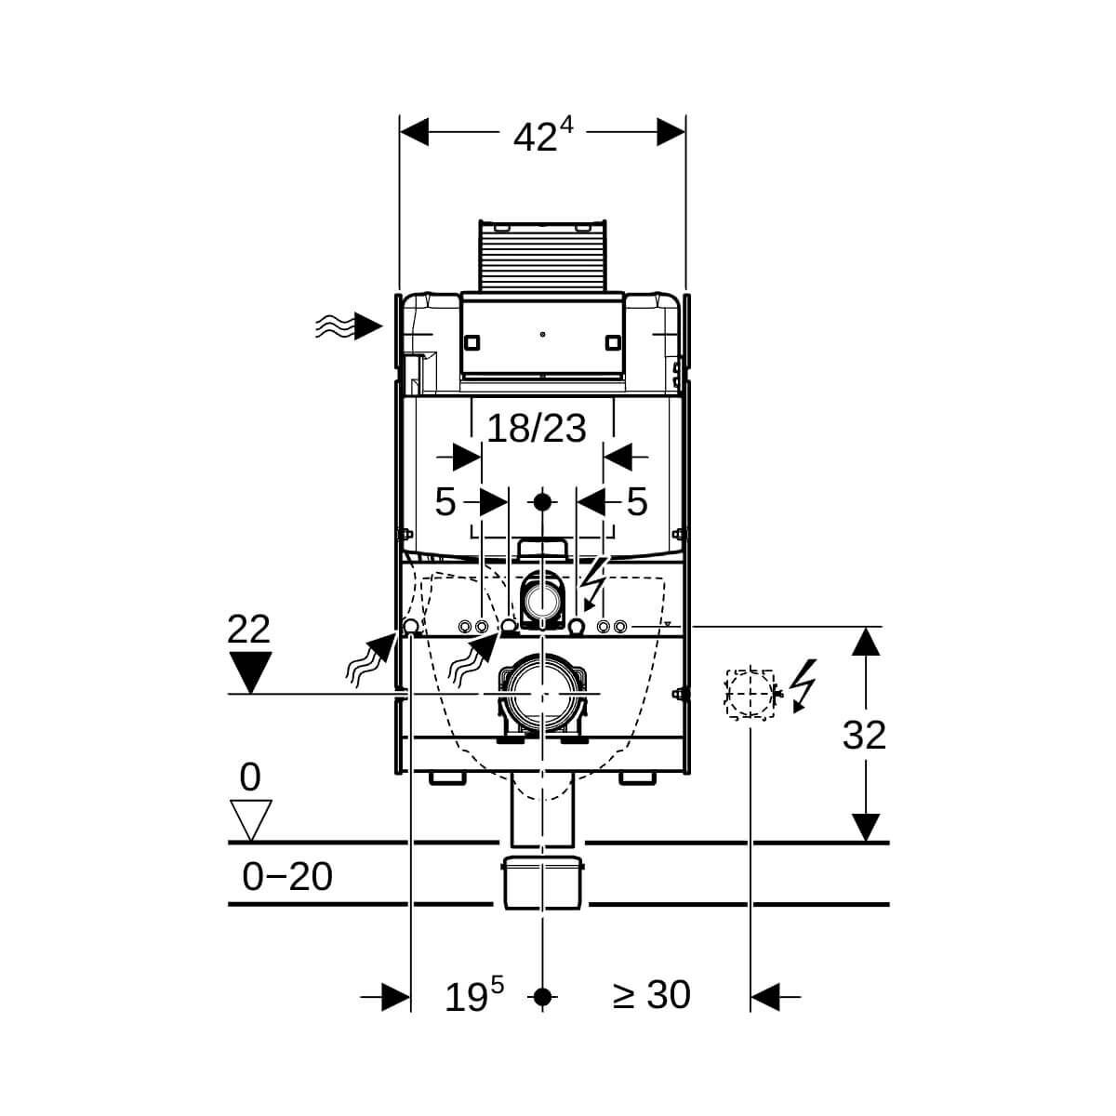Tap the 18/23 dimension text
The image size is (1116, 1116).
pyautogui.click(x=537, y=429)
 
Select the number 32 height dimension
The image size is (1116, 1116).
pyautogui.click(x=863, y=736)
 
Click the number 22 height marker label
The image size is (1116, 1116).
pyautogui.click(x=248, y=629)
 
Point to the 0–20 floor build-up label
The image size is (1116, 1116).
pyautogui.click(x=287, y=876)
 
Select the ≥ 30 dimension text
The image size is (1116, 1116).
pyautogui.click(x=652, y=995)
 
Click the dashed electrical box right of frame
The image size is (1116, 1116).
pyautogui.click(x=750, y=695)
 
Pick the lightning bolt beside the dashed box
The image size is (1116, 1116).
pyautogui.click(x=804, y=685)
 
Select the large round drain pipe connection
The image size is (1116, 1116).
pyautogui.click(x=542, y=693)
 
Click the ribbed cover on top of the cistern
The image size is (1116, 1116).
pyautogui.click(x=542, y=256)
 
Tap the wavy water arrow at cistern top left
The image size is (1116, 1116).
pyautogui.click(x=349, y=326)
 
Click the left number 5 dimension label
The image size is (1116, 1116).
pyautogui.click(x=445, y=502)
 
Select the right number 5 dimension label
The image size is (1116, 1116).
pyautogui.click(x=637, y=501)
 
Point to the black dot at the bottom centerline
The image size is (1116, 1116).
pyautogui.click(x=542, y=997)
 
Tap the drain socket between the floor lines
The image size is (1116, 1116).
pyautogui.click(x=542, y=883)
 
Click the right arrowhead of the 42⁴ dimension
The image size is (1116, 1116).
pyautogui.click(x=671, y=132)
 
